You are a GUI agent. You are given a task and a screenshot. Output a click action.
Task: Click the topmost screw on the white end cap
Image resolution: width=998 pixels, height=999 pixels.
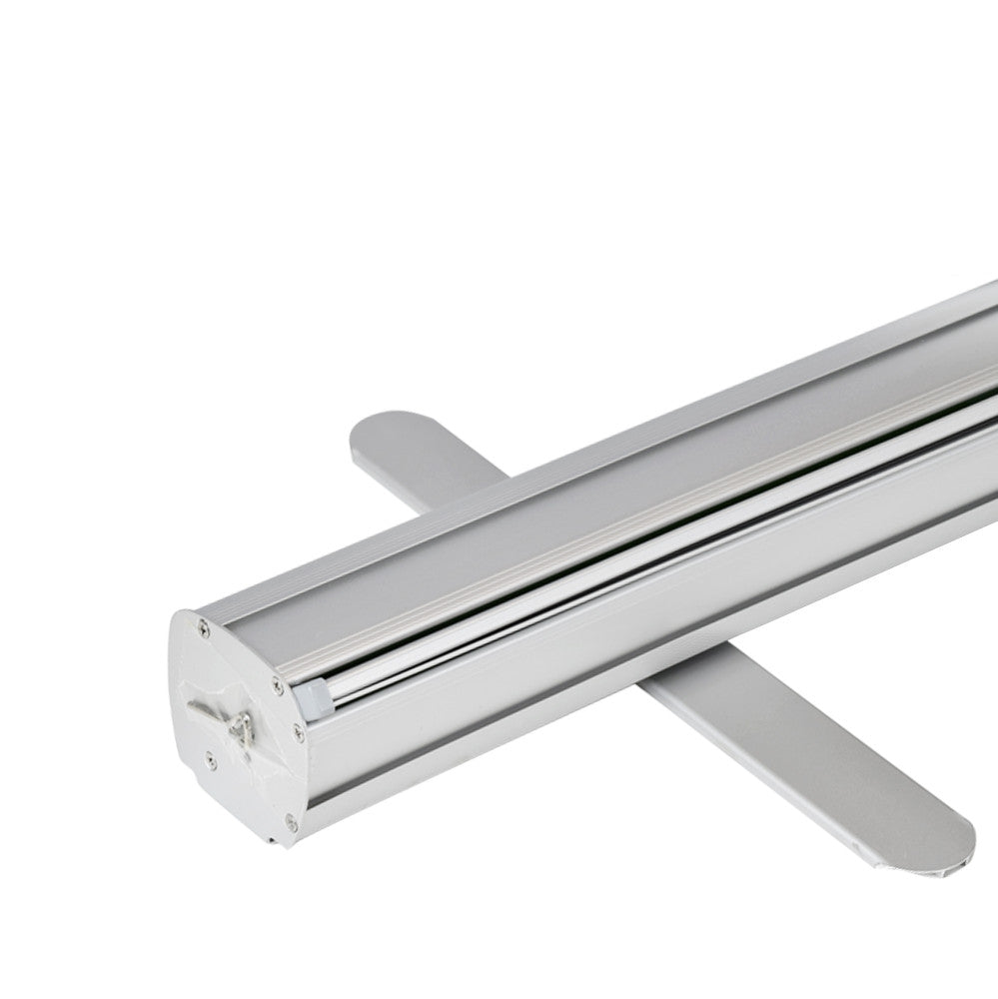tap(204, 628)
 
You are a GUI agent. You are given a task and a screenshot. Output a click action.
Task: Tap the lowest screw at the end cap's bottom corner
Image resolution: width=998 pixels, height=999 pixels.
tap(291, 822)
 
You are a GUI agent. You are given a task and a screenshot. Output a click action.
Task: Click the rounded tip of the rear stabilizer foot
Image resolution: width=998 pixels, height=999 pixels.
tap(385, 425)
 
